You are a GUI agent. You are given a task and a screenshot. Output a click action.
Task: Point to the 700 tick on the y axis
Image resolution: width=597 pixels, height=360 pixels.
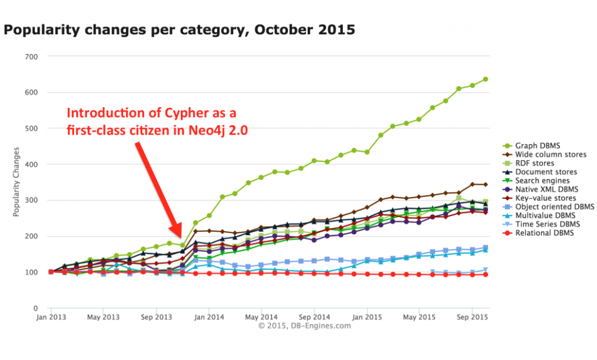tap(31, 57)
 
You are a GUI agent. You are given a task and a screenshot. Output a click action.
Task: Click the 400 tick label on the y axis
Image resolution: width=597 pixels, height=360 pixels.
tap(31, 164)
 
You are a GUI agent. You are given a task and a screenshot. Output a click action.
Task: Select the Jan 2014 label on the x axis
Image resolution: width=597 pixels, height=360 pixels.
tap(209, 317)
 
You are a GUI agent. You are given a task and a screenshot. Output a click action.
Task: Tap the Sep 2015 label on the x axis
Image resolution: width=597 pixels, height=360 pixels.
tap(471, 317)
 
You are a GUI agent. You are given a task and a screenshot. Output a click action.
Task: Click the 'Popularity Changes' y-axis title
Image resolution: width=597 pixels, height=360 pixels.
tap(17, 182)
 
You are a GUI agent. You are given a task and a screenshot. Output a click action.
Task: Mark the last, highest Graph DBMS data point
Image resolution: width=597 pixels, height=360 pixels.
tap(485, 79)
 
